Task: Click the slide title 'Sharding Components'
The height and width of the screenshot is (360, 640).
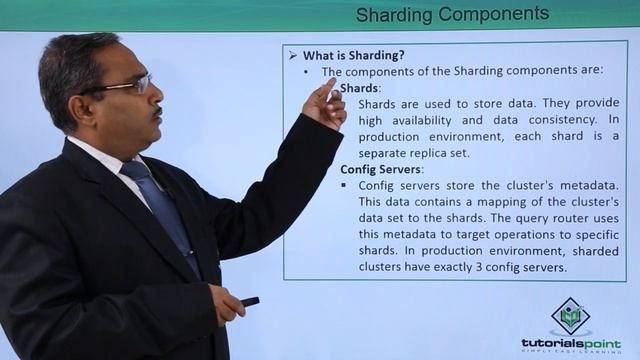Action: (453, 14)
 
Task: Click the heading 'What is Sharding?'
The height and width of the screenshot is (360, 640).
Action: (354, 56)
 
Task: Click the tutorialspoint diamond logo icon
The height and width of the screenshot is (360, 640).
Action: (571, 316)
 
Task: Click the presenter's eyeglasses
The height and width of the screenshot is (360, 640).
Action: (128, 87)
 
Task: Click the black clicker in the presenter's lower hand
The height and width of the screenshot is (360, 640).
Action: (249, 301)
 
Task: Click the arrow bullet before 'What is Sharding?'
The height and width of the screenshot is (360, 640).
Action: (293, 56)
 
